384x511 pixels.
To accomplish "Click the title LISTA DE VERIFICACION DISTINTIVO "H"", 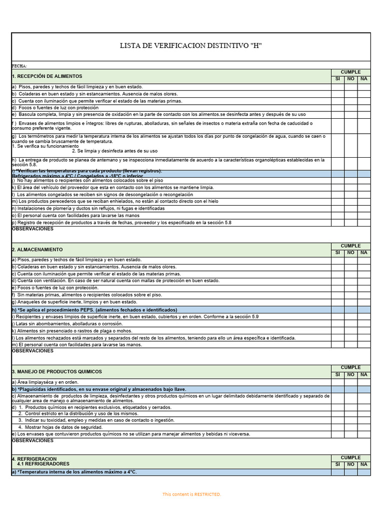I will click(191, 46).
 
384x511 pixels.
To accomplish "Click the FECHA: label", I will click(19, 66).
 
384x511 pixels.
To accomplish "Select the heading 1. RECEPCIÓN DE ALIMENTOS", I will click(47, 76).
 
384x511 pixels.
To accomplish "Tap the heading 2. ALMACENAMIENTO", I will click(37, 249).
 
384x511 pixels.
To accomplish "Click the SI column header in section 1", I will click(337, 79).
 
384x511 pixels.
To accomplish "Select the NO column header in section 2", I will click(350, 253).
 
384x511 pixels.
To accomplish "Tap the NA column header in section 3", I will click(363, 375).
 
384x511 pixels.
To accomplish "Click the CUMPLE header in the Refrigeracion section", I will click(350, 457).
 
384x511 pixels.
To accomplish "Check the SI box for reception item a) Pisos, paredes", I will click(337, 87).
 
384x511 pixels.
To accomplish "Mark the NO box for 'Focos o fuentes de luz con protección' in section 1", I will click(350, 108).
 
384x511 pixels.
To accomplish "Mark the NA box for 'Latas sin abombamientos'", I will click(363, 323).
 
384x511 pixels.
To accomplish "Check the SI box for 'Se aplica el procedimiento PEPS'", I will click(337, 309).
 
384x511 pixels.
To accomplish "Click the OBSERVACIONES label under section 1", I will click(32, 229).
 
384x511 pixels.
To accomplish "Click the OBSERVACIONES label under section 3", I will click(32, 441).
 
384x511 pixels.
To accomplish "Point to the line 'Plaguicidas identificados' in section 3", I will click(99, 389).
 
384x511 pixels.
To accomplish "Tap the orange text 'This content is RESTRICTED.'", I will click(191, 494).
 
